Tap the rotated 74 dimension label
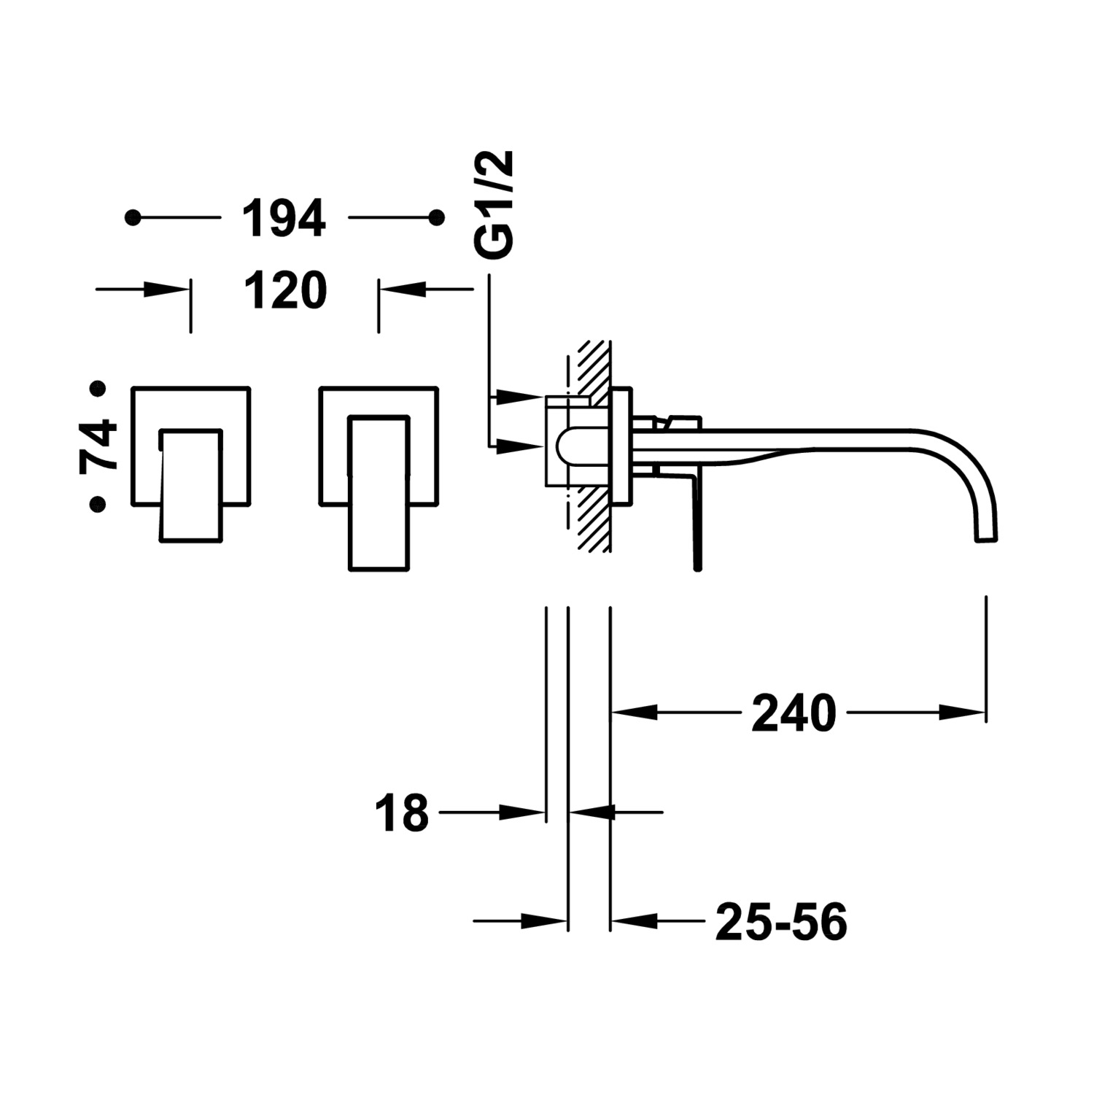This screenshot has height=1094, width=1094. click(98, 446)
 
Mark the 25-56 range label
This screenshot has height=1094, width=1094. click(781, 921)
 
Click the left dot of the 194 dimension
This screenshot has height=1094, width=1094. click(133, 217)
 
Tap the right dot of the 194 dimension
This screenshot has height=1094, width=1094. click(437, 217)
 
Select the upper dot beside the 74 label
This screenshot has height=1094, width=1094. click(98, 389)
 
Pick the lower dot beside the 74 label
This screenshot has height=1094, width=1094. click(98, 503)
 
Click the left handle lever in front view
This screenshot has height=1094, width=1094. click(190, 485)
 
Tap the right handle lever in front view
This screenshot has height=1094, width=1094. click(379, 493)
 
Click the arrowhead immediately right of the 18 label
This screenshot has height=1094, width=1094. click(523, 811)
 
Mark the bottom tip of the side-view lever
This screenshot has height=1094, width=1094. click(697, 567)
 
